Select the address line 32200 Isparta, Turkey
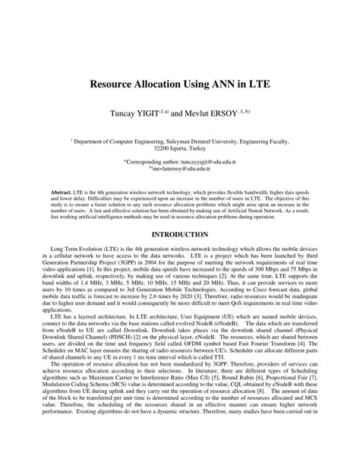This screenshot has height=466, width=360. point(180,149)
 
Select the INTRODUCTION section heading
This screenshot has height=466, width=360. point(180,235)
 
